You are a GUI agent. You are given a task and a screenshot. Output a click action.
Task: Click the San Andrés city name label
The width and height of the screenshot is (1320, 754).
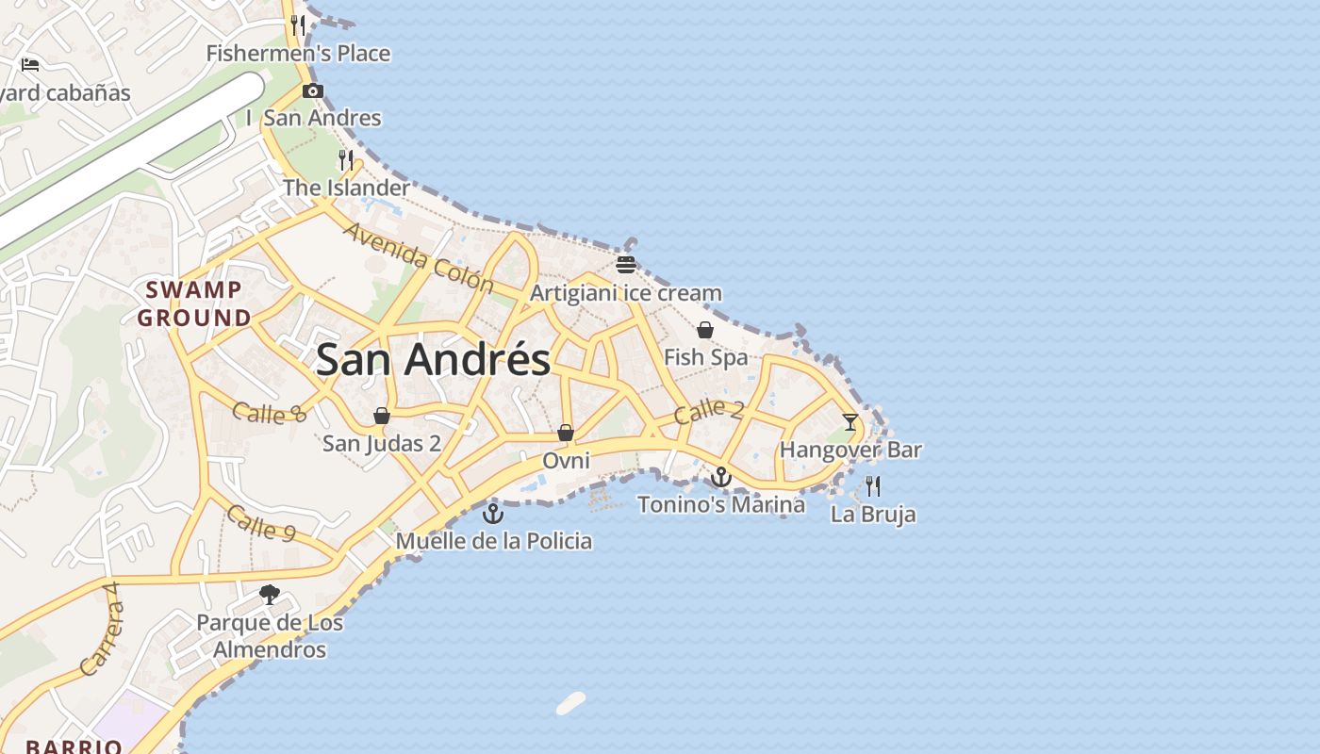point(433,360)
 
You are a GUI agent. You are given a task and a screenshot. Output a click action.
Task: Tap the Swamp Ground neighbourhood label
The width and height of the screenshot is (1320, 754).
point(193,303)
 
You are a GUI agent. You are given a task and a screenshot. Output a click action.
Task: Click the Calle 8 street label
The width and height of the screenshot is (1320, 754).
point(270,413)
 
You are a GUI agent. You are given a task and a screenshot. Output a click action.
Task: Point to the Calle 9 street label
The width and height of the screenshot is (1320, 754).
point(261,524)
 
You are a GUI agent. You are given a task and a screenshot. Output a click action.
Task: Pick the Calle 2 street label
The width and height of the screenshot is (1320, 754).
point(709,411)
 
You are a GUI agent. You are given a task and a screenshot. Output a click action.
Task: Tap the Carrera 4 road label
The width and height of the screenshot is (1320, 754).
point(102,629)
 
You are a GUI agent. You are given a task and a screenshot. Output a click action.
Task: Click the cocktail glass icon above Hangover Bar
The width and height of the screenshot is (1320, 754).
point(850,421)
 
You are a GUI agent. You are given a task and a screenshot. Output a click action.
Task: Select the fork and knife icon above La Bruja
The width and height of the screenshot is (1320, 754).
point(873,486)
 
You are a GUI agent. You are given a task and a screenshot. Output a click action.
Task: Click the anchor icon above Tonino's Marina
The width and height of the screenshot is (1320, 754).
point(721,477)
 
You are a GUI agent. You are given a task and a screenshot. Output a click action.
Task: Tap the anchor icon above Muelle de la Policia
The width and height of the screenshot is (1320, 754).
point(493,514)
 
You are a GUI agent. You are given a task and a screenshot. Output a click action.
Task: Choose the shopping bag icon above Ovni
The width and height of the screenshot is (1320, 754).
point(566,433)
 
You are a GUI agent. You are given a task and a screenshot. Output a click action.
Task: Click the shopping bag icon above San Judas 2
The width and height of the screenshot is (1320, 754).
point(382,416)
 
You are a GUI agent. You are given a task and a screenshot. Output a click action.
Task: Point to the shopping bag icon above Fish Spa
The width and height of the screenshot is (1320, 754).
point(705,330)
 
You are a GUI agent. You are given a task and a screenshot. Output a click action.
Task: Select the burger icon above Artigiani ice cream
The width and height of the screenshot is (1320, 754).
point(626,265)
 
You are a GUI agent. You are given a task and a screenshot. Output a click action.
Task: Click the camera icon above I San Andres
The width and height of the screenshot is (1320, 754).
point(313,91)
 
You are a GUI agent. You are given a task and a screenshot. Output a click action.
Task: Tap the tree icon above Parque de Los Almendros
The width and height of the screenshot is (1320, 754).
point(270,594)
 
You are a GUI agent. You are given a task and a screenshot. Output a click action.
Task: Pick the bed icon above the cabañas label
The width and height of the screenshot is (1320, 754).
point(30,65)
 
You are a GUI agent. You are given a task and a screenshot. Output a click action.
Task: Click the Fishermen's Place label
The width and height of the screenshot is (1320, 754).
point(298,54)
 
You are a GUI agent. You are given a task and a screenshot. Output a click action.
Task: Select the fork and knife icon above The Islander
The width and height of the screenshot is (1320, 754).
point(346,159)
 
